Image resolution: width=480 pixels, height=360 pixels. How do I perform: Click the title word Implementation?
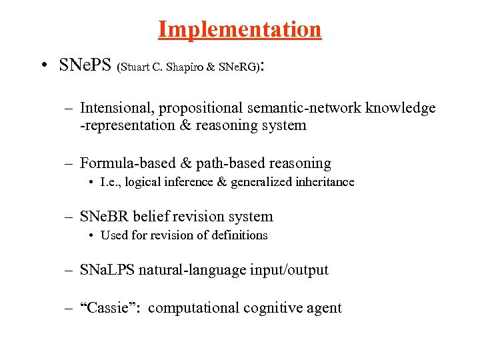[239, 29]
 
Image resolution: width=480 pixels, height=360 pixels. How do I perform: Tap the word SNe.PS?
[85, 66]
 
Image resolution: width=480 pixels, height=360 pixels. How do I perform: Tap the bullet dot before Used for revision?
[91, 235]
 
